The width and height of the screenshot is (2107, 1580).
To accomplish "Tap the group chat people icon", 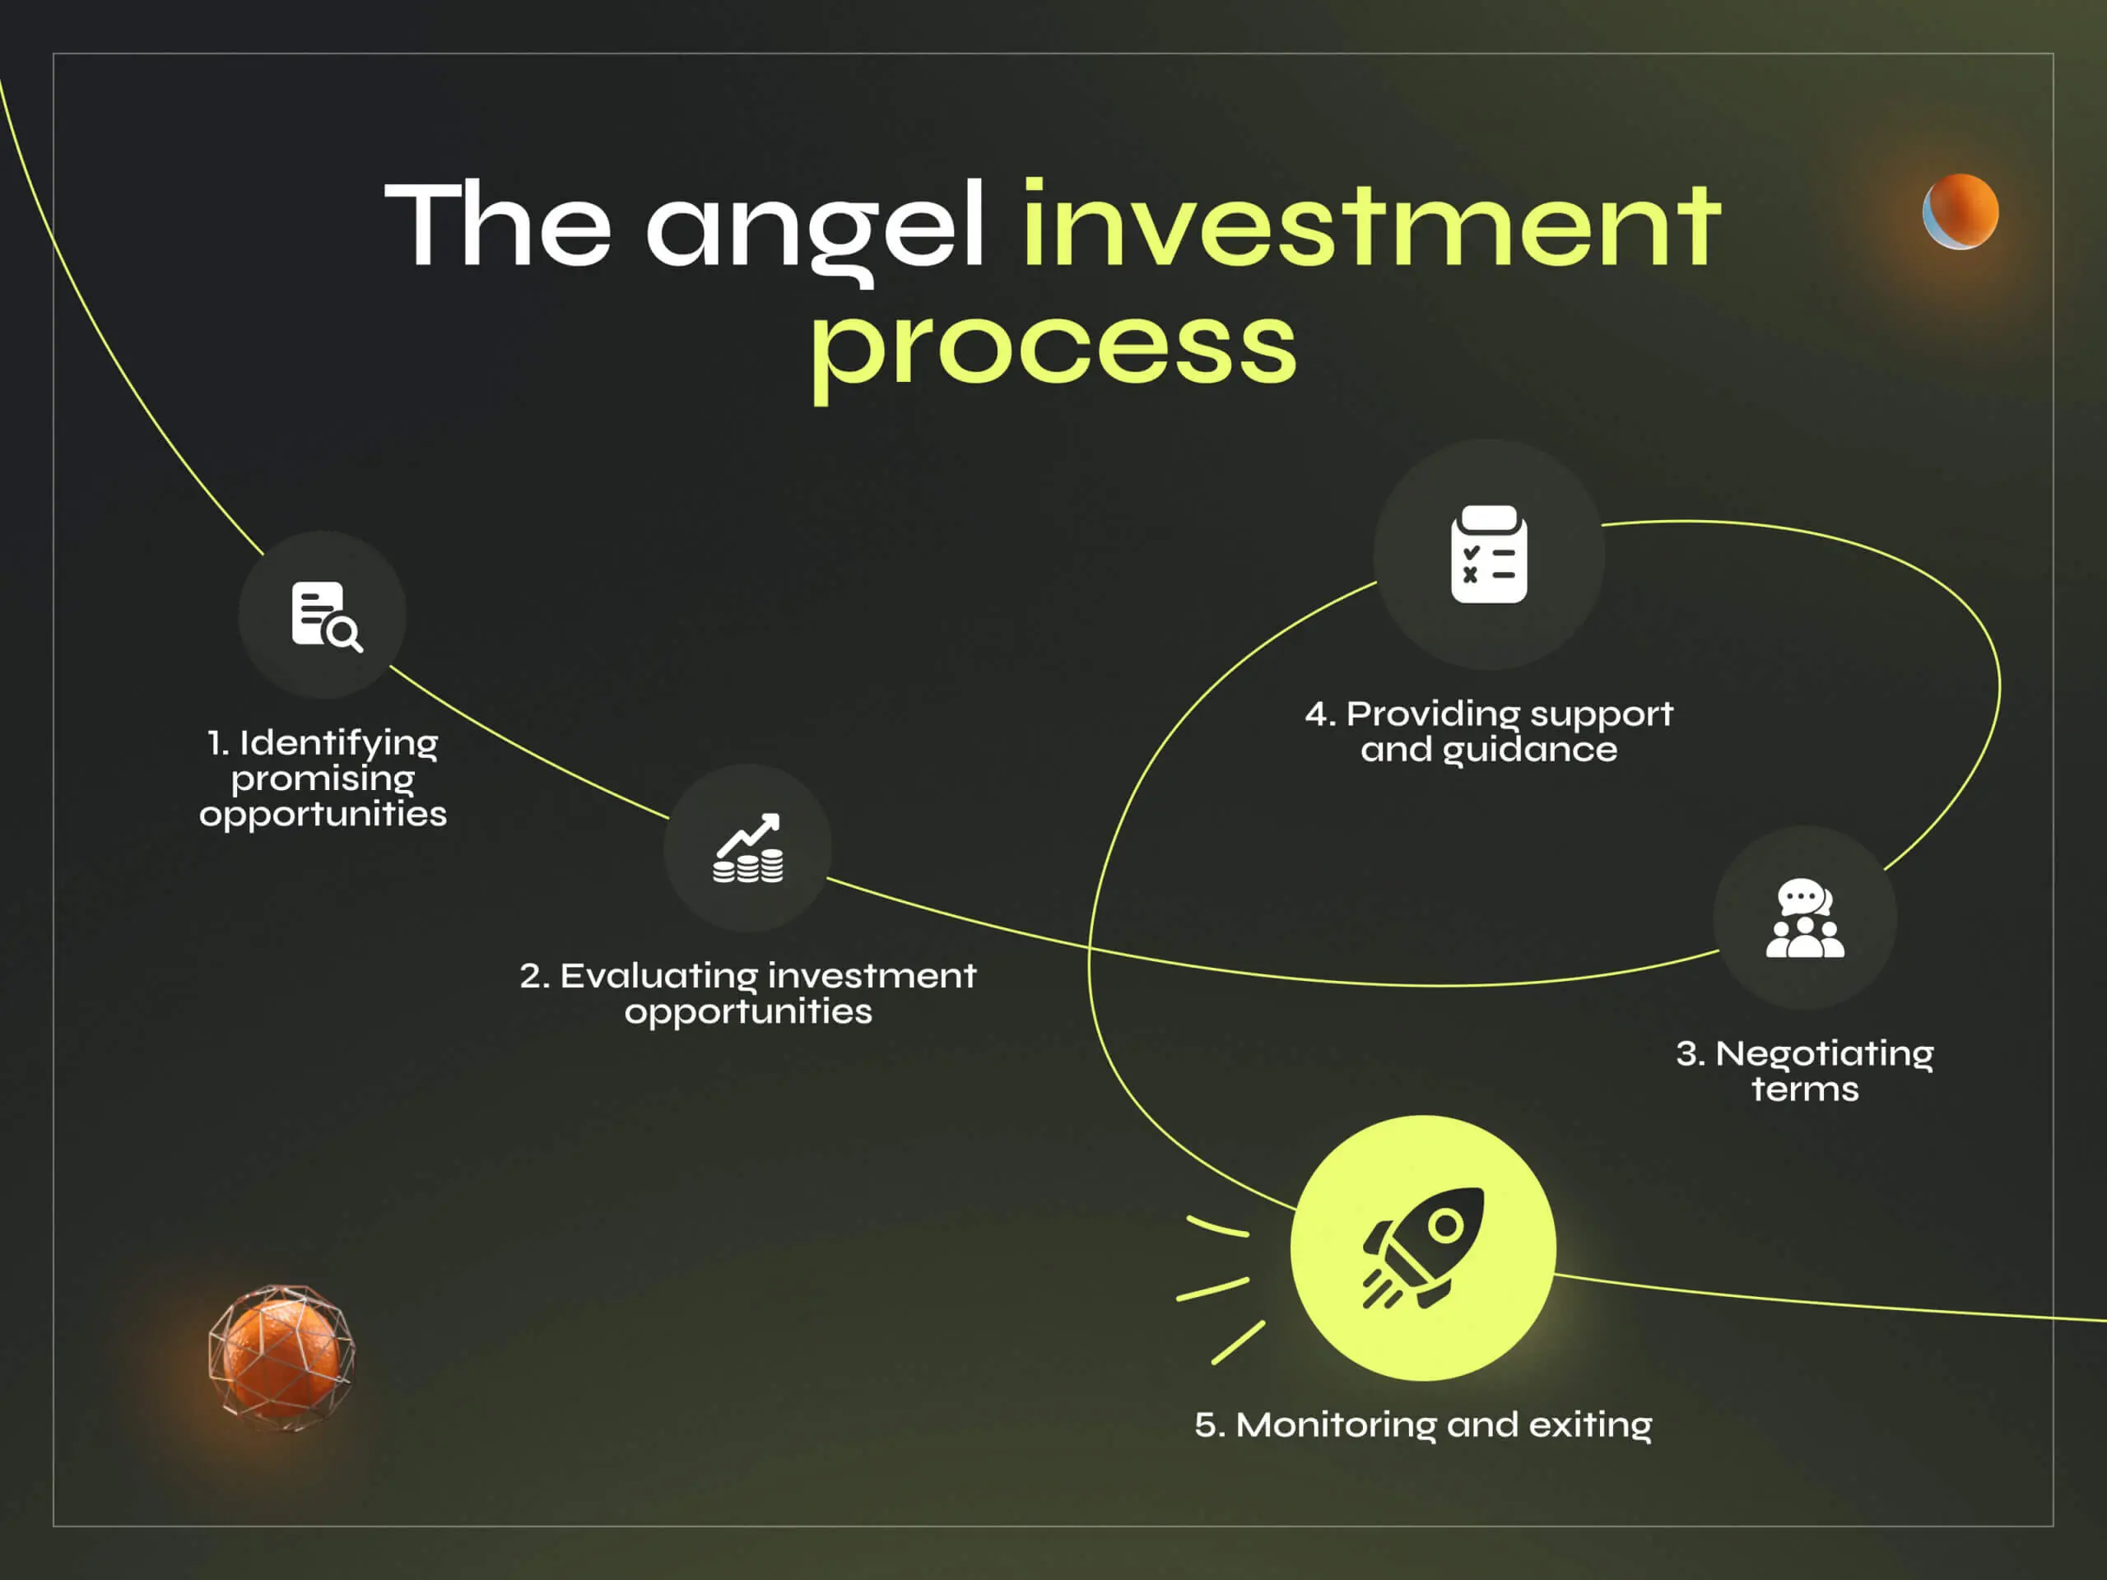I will point(1804,918).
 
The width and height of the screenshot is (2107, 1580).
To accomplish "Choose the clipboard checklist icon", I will point(1489,555).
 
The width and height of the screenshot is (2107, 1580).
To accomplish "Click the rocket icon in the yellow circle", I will point(1423,1248).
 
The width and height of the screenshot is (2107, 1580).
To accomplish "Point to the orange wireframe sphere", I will point(281,1357).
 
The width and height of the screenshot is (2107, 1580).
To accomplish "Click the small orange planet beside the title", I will point(1960,211).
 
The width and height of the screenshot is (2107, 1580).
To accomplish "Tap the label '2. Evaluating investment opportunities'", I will point(747,992).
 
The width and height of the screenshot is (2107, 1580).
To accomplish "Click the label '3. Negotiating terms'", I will point(1804,1071).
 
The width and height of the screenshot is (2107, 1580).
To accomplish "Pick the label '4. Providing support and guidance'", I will point(1489,731).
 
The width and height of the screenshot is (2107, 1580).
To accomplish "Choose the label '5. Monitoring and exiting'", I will point(1423,1424).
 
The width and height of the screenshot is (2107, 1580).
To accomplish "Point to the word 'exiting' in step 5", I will point(1590,1424).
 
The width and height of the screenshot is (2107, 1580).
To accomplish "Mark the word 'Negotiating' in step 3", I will point(1824,1053).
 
